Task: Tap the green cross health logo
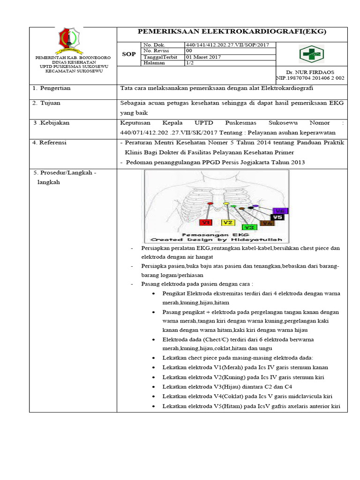[x=311, y=53]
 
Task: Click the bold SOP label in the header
[x=129, y=54]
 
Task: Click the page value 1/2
[x=190, y=63]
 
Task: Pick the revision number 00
[x=189, y=51]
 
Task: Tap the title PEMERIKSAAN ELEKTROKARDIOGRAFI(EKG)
[x=231, y=32]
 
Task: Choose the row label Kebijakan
[x=54, y=122]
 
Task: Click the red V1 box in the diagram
[x=206, y=222]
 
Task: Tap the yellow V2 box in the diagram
[x=228, y=222]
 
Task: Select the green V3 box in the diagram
[x=249, y=227]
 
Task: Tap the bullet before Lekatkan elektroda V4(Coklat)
[x=155, y=397]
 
